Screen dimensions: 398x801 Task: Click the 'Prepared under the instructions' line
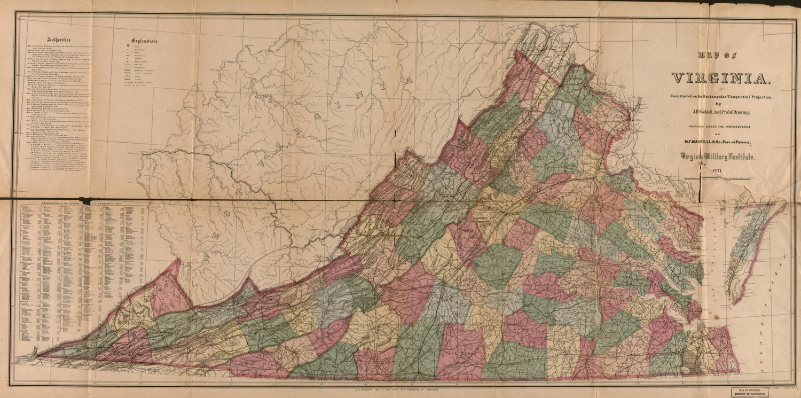719,126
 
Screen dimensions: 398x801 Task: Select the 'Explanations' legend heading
144,41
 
